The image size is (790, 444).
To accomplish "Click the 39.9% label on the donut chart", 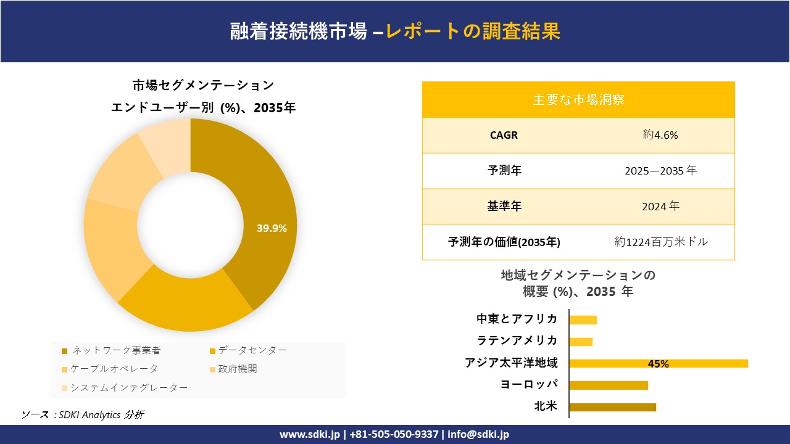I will (x=272, y=228).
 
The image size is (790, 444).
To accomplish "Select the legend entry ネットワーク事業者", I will (x=116, y=350).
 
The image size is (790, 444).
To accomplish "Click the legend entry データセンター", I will (x=252, y=350).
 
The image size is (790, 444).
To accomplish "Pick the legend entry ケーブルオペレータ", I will (x=114, y=369).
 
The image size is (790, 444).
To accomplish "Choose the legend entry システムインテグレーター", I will (x=128, y=387).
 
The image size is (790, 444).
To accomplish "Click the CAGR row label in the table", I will (x=504, y=135).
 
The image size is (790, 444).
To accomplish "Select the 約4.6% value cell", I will (x=660, y=135).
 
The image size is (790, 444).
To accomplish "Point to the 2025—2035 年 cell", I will (x=660, y=171).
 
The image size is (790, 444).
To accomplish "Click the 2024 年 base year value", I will (x=660, y=207).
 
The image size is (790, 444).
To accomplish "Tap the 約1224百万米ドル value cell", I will (x=661, y=242).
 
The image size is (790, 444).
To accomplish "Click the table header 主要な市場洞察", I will (x=578, y=99).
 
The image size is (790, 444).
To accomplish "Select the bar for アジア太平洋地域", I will (x=658, y=363).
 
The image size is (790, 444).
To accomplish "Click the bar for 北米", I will (x=612, y=407).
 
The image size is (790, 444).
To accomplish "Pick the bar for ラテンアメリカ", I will (x=581, y=342).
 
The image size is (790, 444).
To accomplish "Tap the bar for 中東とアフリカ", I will (x=583, y=319).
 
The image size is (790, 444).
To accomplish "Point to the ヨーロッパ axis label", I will (x=529, y=384).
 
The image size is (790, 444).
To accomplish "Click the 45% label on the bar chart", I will (x=658, y=364).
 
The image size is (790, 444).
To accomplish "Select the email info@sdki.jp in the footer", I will (x=478, y=434).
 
